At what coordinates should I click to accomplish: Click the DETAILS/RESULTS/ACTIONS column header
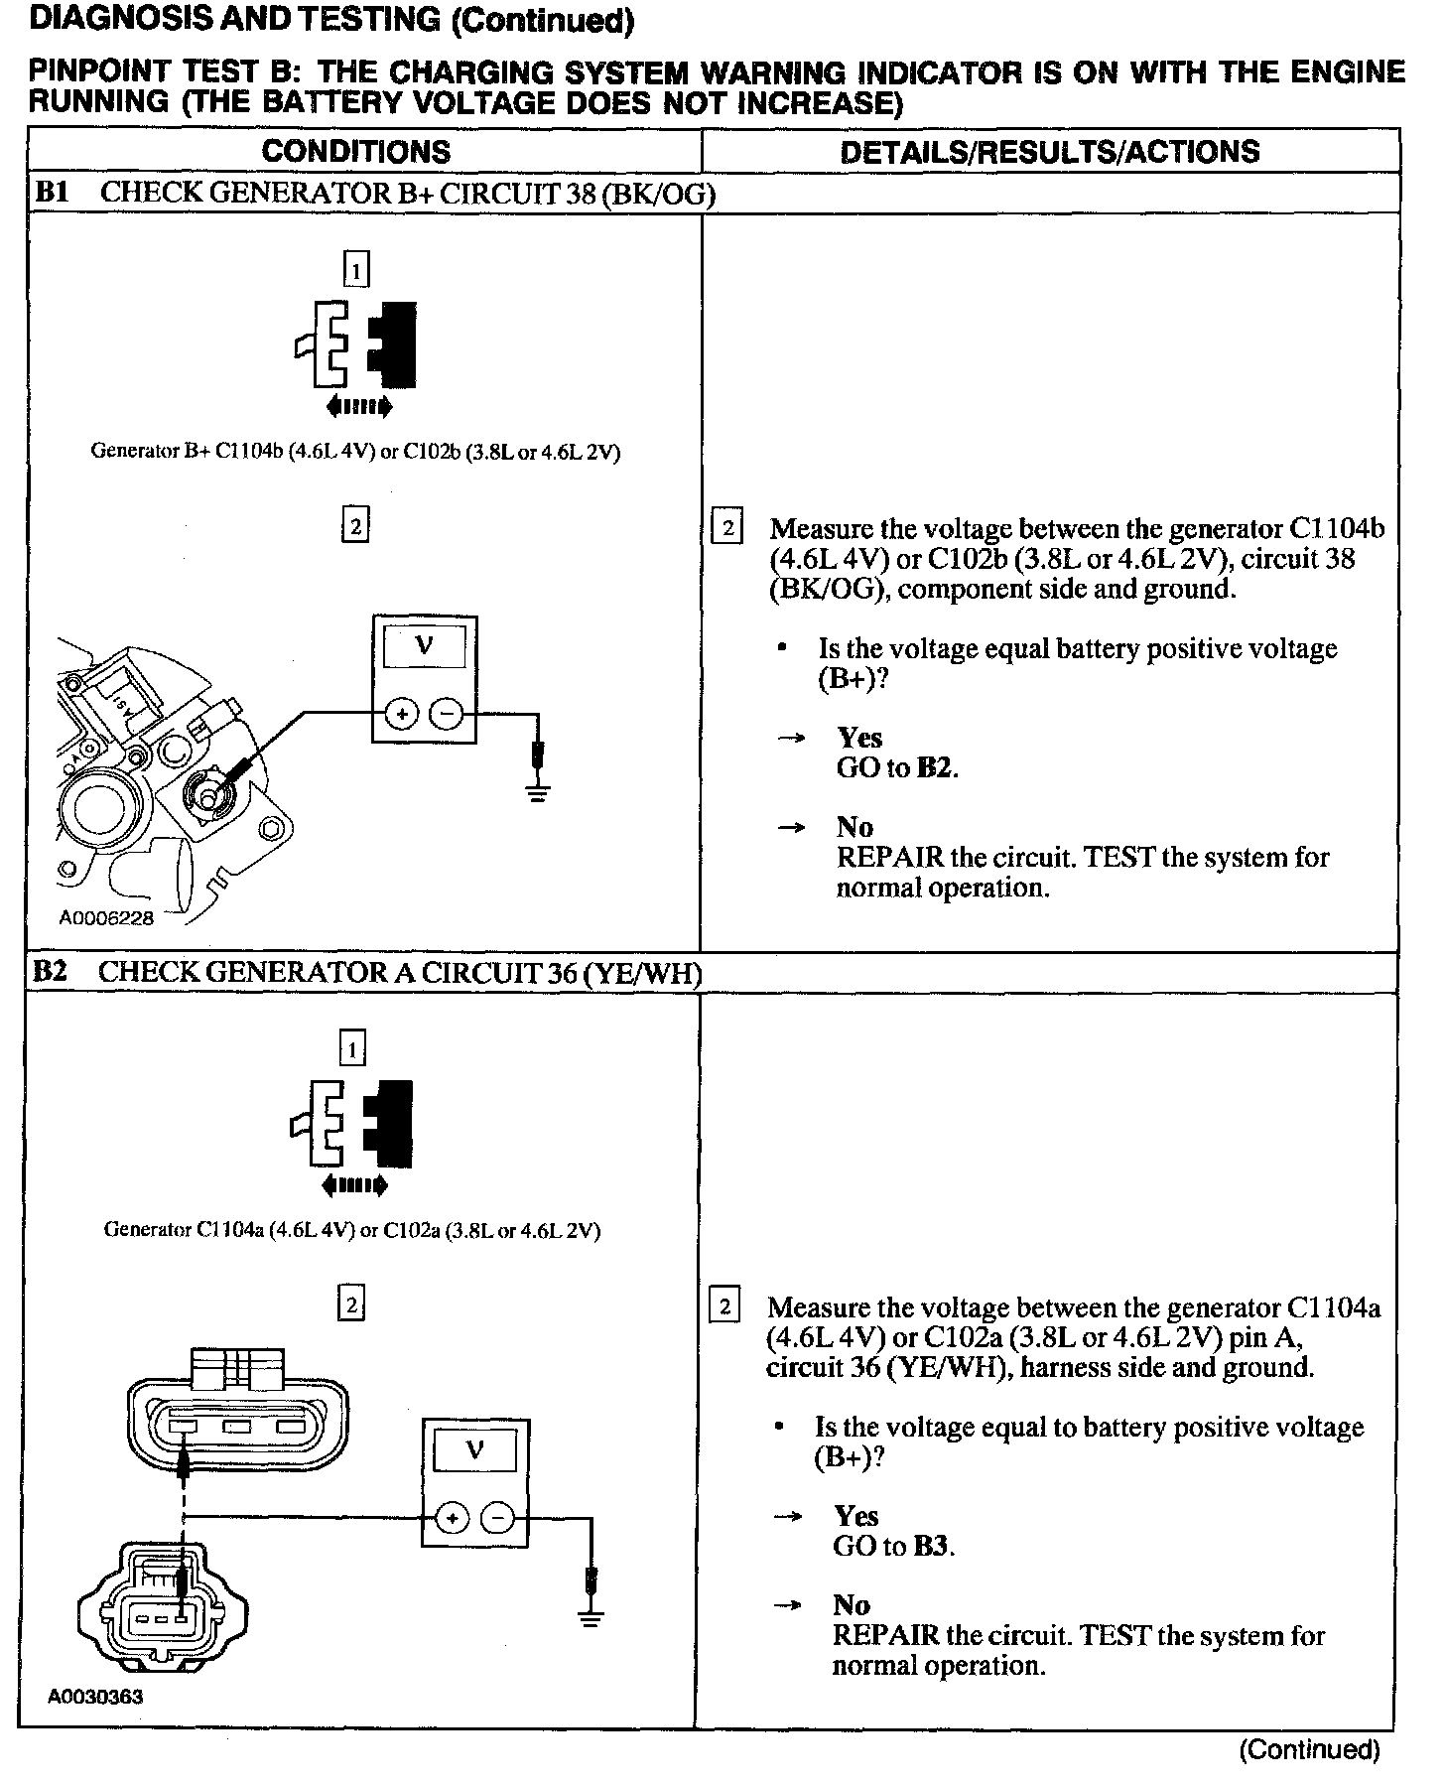[1049, 152]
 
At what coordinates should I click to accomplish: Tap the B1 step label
[51, 193]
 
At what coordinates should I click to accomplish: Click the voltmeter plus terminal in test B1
[401, 714]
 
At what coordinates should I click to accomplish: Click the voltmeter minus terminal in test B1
[447, 714]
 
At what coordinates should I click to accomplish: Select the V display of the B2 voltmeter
[474, 1450]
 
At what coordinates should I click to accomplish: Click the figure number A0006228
[106, 918]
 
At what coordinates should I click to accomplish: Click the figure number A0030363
[95, 1697]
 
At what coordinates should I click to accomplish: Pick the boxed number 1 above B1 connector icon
[355, 270]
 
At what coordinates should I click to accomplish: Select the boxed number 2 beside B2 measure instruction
[725, 1306]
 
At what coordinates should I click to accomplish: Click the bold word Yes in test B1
[859, 738]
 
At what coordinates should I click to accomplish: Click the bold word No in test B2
[852, 1605]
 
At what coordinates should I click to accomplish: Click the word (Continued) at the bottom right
[1309, 1749]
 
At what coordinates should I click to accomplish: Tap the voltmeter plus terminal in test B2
[452, 1518]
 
